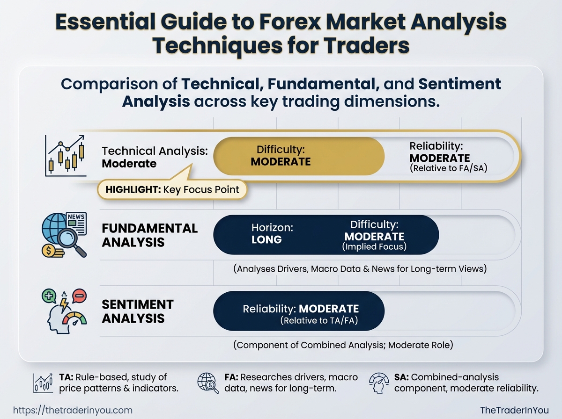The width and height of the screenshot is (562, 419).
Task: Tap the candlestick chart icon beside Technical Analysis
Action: pyautogui.click(x=66, y=156)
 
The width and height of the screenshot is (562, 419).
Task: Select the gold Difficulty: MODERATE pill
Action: pyautogui.click(x=299, y=156)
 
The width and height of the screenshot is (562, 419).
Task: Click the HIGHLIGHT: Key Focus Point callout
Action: pyautogui.click(x=172, y=189)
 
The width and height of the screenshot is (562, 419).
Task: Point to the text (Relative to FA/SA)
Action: pyautogui.click(x=448, y=168)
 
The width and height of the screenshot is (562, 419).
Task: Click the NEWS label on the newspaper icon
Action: pyautogui.click(x=76, y=217)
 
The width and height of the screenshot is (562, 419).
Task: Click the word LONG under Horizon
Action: pyautogui.click(x=266, y=240)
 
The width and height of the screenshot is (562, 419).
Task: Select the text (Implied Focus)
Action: pyautogui.click(x=374, y=247)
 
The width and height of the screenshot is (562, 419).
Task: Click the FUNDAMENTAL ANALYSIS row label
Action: pyautogui.click(x=149, y=235)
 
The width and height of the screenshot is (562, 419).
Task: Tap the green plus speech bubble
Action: pyautogui.click(x=49, y=296)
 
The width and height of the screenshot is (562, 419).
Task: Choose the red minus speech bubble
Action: pyautogui.click(x=79, y=296)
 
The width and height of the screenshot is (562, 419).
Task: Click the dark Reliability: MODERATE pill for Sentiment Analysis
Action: pyautogui.click(x=299, y=311)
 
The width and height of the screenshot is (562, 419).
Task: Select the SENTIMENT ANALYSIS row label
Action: pyautogui.click(x=138, y=311)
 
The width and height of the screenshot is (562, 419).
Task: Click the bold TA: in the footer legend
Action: pyautogui.click(x=67, y=377)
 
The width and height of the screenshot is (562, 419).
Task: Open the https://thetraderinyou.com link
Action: pyautogui.click(x=73, y=411)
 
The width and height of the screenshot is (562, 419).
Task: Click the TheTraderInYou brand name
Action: pyautogui.click(x=514, y=410)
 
